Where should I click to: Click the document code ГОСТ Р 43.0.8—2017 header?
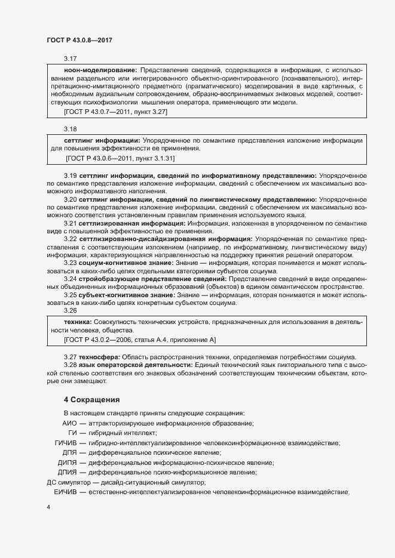pos(79,39)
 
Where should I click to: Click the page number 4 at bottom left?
pos(48,507)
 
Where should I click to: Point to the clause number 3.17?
pos(71,58)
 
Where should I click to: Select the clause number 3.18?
pos(71,128)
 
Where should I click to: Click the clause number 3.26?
pos(71,310)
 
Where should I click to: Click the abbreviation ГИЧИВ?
pos(65,443)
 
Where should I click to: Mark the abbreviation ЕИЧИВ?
pos(65,492)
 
